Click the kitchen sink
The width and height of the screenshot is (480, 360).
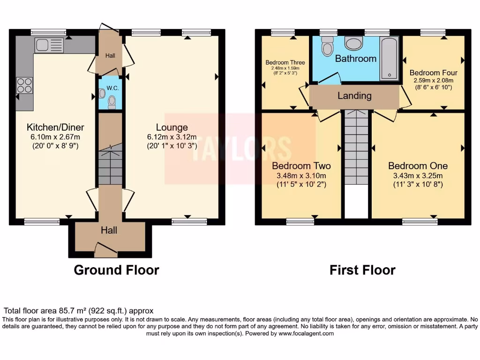point(49,45)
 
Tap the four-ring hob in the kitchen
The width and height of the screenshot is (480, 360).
point(25,85)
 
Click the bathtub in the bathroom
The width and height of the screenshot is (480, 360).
point(389,58)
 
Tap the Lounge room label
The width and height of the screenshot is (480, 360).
point(172,127)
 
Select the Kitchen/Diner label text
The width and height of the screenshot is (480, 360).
point(52,127)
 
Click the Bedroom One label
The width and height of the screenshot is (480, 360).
point(418,166)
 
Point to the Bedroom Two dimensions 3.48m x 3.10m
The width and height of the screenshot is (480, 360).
point(301,176)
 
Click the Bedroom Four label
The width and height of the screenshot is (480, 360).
point(433,73)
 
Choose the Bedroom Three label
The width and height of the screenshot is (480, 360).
point(285,62)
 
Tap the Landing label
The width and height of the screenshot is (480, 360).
point(354,96)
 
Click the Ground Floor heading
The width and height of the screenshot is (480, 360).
point(116,270)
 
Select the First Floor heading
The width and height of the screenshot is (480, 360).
point(362,270)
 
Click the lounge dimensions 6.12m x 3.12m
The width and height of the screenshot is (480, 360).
point(172,137)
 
